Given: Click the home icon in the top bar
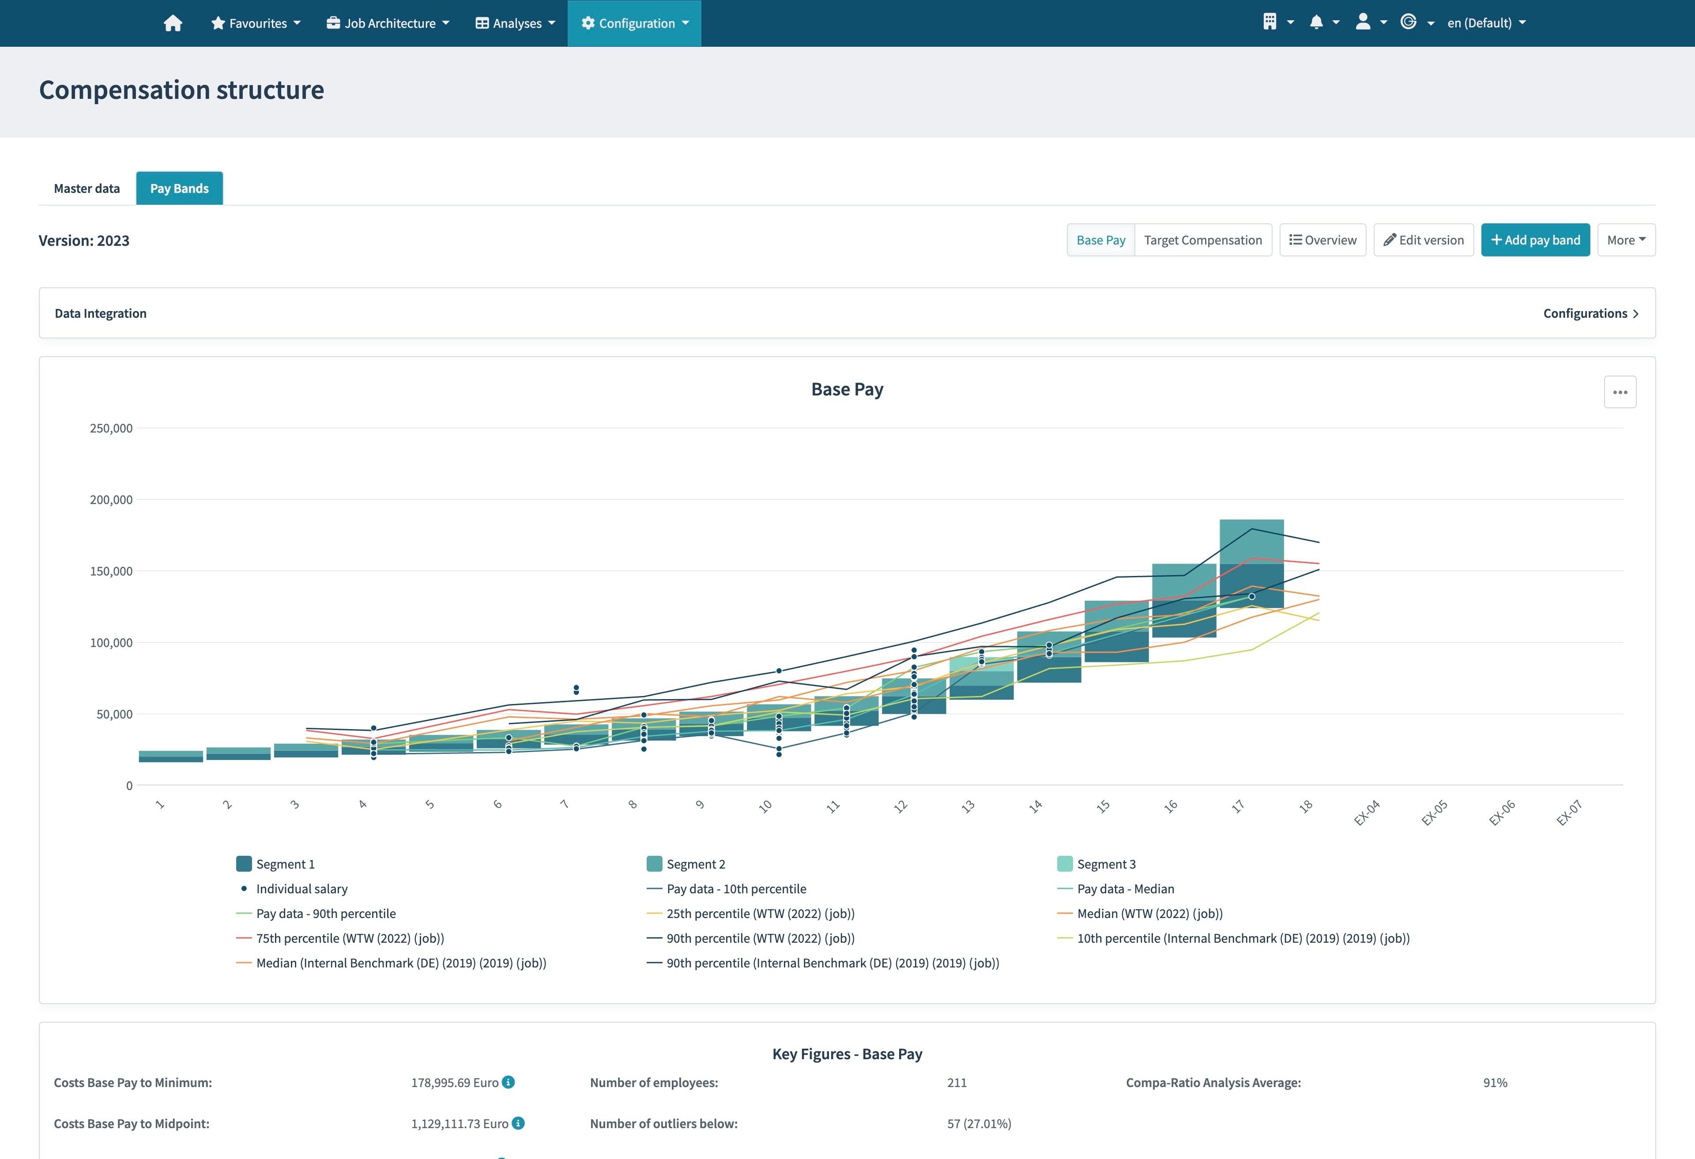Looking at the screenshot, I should pos(173,23).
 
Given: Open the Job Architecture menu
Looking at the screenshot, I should pos(388,23).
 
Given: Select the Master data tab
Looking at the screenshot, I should pos(87,188).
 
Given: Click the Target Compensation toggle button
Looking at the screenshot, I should pos(1203,240).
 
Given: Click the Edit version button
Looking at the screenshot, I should pos(1423,240).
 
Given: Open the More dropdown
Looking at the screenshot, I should pos(1626,240).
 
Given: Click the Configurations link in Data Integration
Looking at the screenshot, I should pos(1590,313).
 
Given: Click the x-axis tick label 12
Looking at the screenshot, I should pos(901,806).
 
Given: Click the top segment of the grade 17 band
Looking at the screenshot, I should pos(1251,541).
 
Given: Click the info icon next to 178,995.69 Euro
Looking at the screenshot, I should pos(508,1082).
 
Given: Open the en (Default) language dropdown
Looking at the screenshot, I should pos(1486,23).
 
